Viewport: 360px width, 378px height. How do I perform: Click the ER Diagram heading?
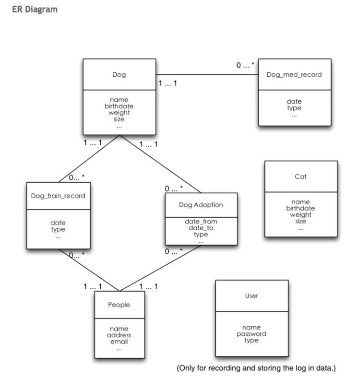pyautogui.click(x=35, y=10)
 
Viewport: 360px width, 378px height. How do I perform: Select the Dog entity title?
pyautogui.click(x=119, y=75)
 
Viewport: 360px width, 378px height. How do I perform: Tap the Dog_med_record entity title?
pyautogui.click(x=294, y=75)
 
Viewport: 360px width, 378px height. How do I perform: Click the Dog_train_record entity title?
pyautogui.click(x=58, y=196)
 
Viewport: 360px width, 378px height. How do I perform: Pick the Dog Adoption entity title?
pyautogui.click(x=201, y=205)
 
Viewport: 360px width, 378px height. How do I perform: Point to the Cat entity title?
pyautogui.click(x=300, y=177)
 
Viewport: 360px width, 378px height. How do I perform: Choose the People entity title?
pyautogui.click(x=119, y=305)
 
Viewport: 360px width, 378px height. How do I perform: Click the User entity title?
pyautogui.click(x=252, y=296)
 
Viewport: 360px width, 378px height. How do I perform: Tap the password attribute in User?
pyautogui.click(x=252, y=334)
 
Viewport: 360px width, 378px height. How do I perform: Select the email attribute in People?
pyautogui.click(x=119, y=342)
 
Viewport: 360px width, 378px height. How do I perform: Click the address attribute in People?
pyautogui.click(x=119, y=335)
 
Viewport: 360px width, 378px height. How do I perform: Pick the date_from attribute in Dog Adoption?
pyautogui.click(x=201, y=222)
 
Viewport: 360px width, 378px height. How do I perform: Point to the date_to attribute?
pyautogui.click(x=201, y=228)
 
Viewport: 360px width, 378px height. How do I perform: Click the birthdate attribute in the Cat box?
pyautogui.click(x=300, y=208)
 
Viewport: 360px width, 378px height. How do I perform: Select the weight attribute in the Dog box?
pyautogui.click(x=119, y=113)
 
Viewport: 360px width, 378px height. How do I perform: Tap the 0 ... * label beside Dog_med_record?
pyautogui.click(x=245, y=65)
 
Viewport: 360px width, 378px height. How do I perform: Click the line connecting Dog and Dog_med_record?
pyautogui.click(x=207, y=74)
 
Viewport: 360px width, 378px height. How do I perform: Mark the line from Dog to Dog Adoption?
pyautogui.click(x=160, y=164)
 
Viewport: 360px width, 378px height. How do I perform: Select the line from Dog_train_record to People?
pyautogui.click(x=89, y=270)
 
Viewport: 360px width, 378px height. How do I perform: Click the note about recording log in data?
pyautogui.click(x=256, y=368)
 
